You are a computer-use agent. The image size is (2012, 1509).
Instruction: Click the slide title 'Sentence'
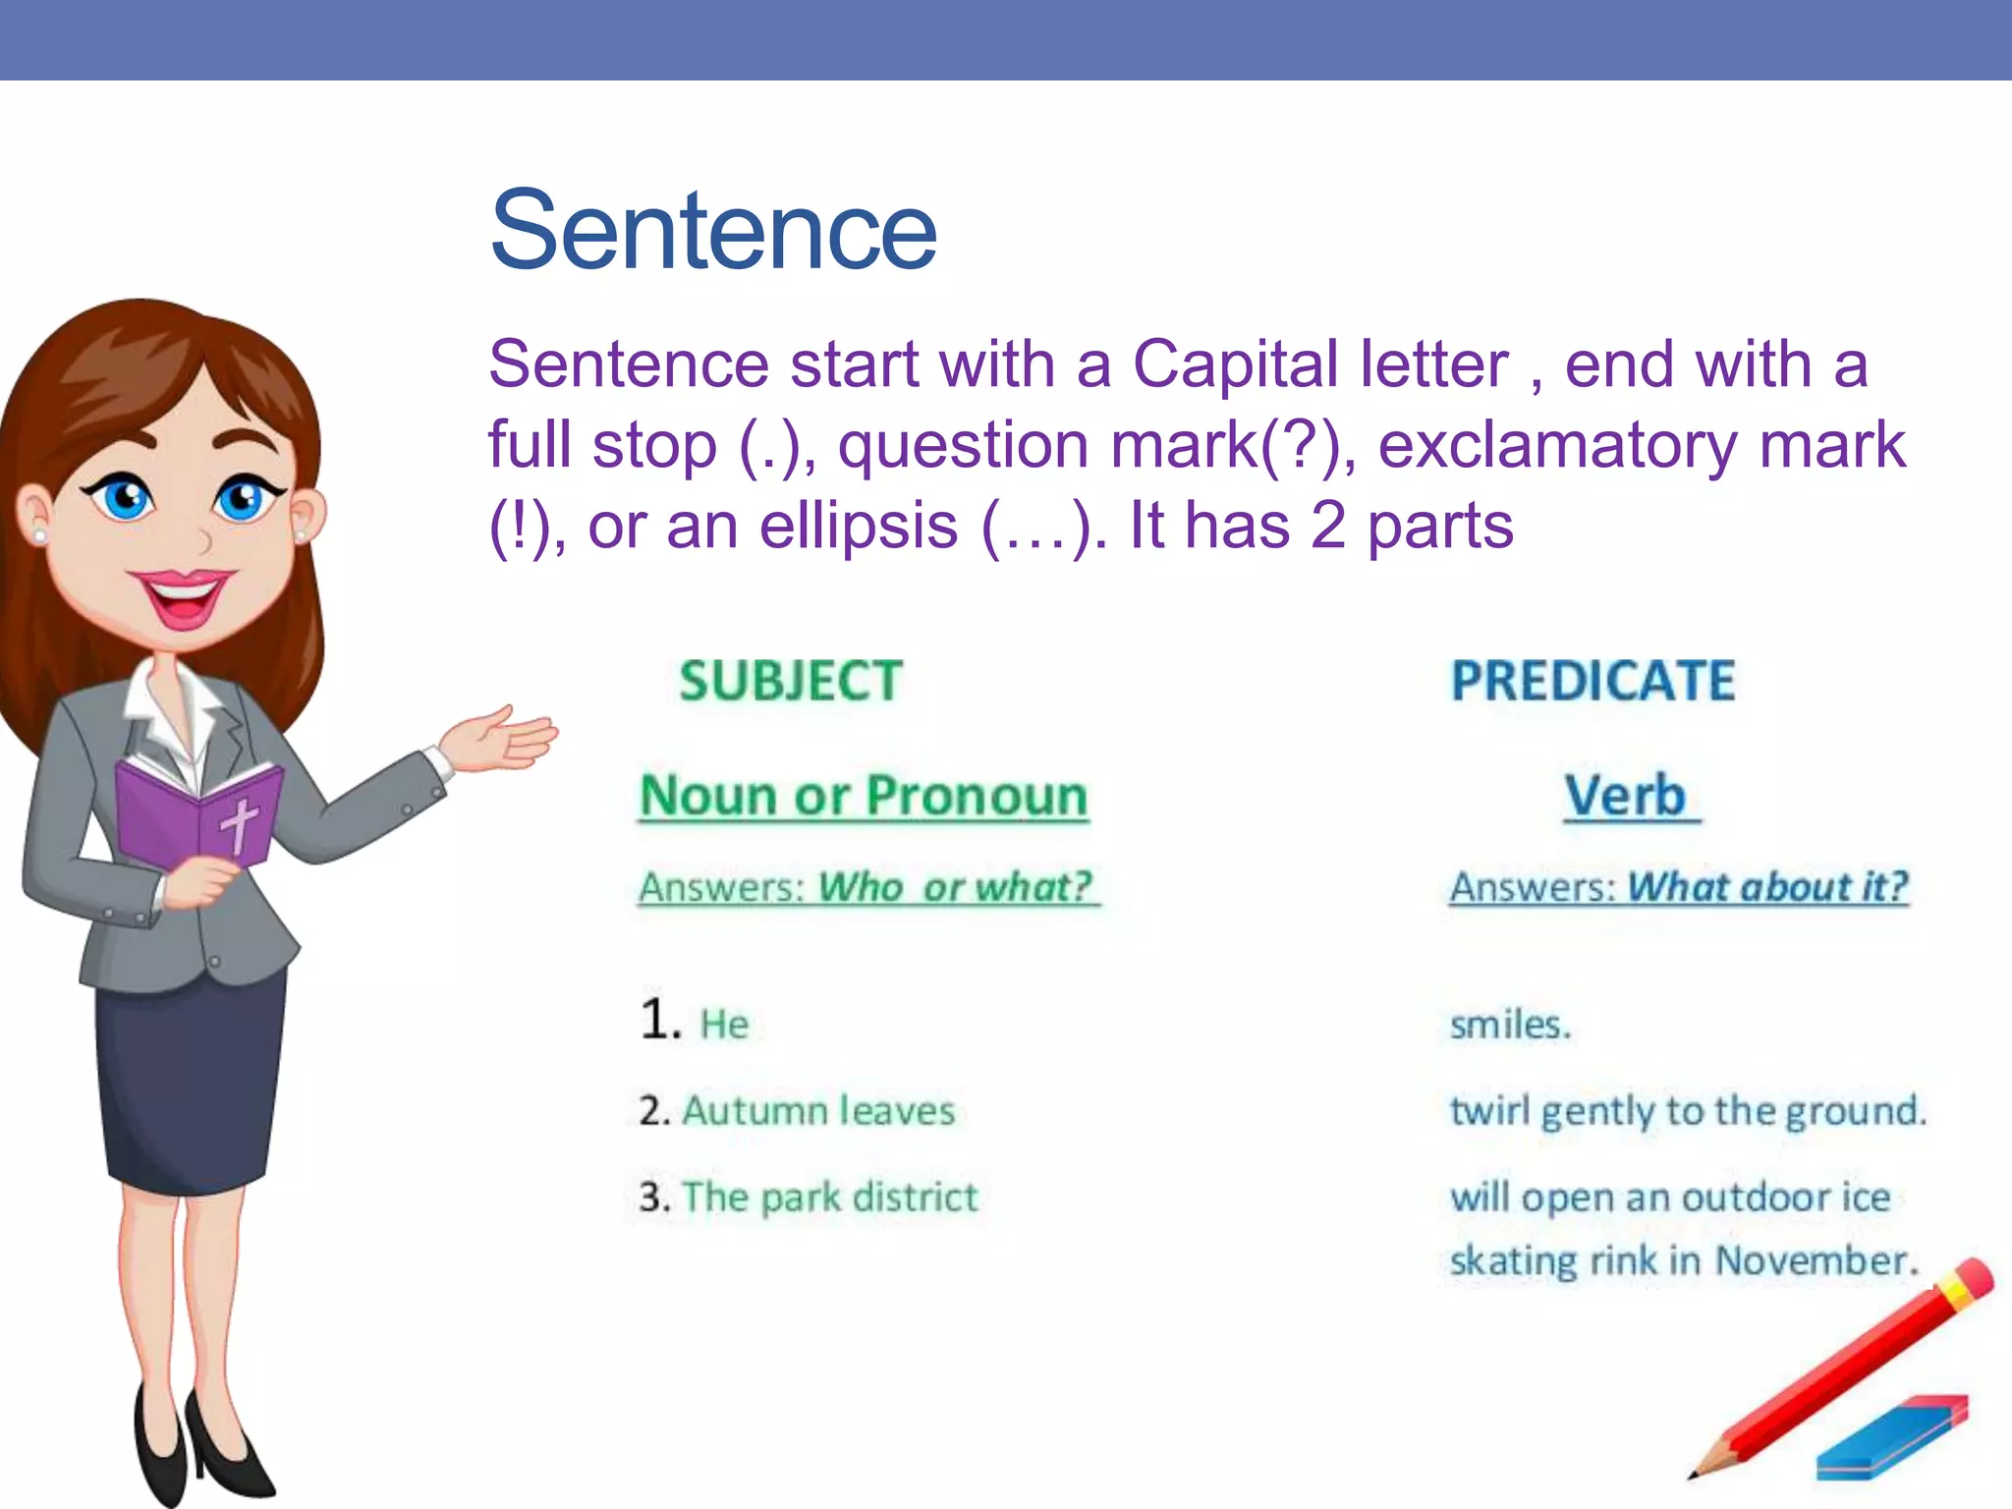click(713, 231)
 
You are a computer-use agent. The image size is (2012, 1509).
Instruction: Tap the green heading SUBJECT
click(791, 681)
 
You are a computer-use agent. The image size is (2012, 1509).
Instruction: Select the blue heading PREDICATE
click(1593, 681)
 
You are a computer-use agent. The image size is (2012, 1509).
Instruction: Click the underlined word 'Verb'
click(1626, 795)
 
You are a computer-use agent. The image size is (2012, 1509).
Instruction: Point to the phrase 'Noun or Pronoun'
click(864, 795)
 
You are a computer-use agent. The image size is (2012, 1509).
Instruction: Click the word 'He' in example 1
click(724, 1025)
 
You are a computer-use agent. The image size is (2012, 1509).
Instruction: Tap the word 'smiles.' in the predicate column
click(1510, 1025)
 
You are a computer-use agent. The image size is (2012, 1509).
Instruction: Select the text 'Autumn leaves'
click(817, 1111)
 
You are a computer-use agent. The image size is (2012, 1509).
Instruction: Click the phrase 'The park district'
click(829, 1198)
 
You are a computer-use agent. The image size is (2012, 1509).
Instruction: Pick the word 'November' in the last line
click(1815, 1260)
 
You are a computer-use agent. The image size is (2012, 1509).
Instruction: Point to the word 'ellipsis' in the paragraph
click(858, 526)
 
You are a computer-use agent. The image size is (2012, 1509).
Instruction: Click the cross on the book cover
click(239, 823)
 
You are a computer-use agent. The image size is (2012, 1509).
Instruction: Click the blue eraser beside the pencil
click(1891, 1437)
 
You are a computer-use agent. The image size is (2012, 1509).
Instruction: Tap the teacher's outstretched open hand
click(501, 739)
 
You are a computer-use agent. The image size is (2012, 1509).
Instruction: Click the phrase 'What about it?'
click(1766, 887)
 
